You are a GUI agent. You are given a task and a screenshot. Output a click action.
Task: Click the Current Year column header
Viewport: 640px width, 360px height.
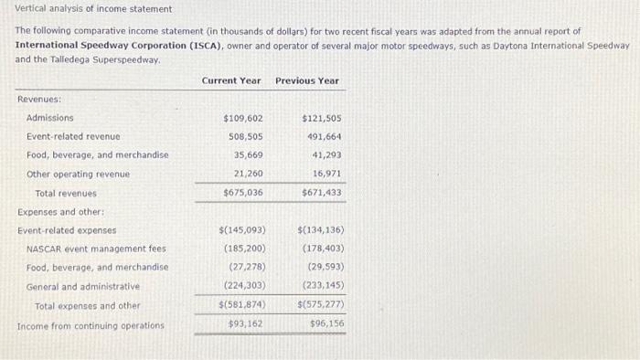pos(231,80)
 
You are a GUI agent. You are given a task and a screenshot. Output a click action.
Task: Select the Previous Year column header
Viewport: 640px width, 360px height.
pos(307,80)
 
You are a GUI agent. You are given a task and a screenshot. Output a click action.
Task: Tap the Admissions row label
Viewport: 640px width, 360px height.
pos(50,118)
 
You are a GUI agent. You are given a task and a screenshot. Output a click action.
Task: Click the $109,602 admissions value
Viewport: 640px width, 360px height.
pos(243,118)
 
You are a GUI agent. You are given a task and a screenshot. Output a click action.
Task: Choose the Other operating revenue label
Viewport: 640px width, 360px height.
pos(78,174)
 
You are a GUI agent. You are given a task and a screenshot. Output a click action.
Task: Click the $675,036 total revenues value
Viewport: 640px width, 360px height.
pos(243,193)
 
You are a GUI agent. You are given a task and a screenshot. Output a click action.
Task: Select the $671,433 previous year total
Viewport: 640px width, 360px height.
pos(321,193)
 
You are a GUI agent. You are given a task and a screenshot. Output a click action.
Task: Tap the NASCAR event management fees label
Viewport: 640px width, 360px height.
pos(96,249)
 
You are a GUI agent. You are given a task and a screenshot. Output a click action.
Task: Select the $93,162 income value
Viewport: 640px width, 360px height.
pos(246,323)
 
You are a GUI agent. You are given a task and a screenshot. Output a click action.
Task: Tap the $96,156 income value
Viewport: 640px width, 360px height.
pos(325,323)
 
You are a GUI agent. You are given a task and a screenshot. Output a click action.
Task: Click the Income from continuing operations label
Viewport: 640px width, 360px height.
pos(91,325)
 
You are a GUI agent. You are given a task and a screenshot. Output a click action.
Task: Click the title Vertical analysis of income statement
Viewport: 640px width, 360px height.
pos(93,9)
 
